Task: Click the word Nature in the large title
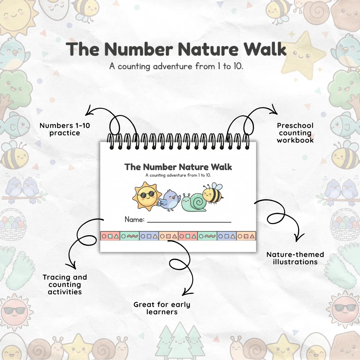[208, 49]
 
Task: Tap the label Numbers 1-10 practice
[65, 129]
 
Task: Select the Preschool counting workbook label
[295, 133]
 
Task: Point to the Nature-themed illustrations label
[295, 258]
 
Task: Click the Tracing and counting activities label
[65, 284]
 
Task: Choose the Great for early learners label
[162, 308]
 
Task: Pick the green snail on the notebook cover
[194, 202]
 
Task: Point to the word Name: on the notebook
[135, 219]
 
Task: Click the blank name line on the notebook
[189, 222]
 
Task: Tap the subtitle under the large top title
[176, 66]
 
